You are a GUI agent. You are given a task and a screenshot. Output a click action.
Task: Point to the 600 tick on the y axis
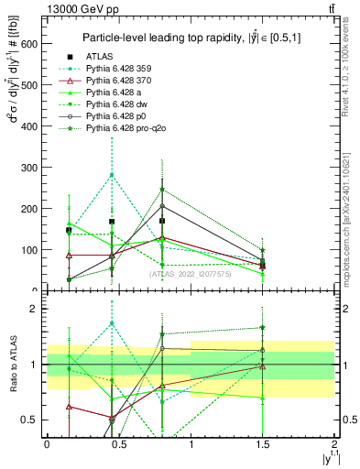[42, 43]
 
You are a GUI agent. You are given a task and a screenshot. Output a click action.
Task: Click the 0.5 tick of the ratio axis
[42, 420]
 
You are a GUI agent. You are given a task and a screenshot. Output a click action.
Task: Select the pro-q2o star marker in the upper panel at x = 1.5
[262, 250]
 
